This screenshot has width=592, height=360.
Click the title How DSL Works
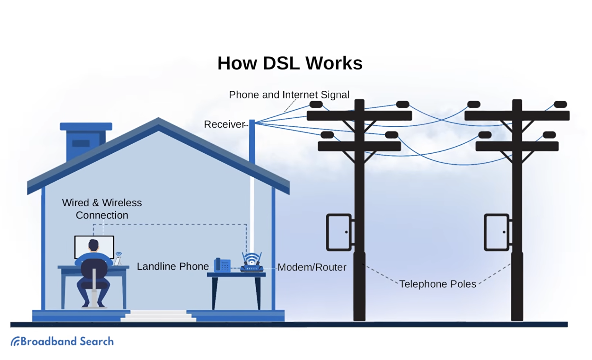pyautogui.click(x=290, y=63)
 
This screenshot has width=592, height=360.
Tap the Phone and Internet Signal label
pyautogui.click(x=289, y=95)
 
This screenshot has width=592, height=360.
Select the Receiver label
pyautogui.click(x=224, y=124)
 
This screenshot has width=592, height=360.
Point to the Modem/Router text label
pyautogui.click(x=312, y=267)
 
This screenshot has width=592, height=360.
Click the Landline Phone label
pyautogui.click(x=173, y=267)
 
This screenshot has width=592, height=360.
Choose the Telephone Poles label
pyautogui.click(x=438, y=284)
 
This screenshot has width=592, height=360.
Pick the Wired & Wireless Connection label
pyautogui.click(x=102, y=209)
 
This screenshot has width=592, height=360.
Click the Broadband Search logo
pyautogui.click(x=62, y=341)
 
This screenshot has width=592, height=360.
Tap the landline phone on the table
pyautogui.click(x=222, y=265)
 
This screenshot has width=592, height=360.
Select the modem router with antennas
pyautogui.click(x=252, y=263)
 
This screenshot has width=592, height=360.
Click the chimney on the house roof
pyautogui.click(x=86, y=140)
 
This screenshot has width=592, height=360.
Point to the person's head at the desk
pyautogui.click(x=93, y=245)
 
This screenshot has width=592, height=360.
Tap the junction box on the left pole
pyautogui.click(x=339, y=232)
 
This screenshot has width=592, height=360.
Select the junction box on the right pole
pyautogui.click(x=497, y=232)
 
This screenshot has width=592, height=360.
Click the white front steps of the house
pyautogui.click(x=158, y=316)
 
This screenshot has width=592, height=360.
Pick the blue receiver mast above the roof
pyautogui.click(x=252, y=142)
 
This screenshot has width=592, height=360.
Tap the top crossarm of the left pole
pyautogui.click(x=359, y=116)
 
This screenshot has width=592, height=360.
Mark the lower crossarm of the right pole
pyautogui.click(x=517, y=146)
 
